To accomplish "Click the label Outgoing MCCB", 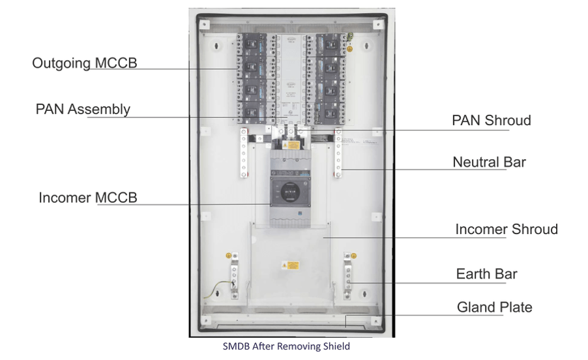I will pos(85,63).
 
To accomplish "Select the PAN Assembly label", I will pos(83,109).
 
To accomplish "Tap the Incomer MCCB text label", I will pos(88,197).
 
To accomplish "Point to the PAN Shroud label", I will pos(492,121).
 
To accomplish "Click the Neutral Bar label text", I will pos(489,162).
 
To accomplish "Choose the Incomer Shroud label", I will pos(507,229).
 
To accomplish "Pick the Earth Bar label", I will pos(486,274).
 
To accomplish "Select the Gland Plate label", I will pos(494,307).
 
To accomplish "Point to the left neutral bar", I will pos(244,154).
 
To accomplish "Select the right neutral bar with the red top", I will pos(338,154).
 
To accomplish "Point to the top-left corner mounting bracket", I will pos(205,24).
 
